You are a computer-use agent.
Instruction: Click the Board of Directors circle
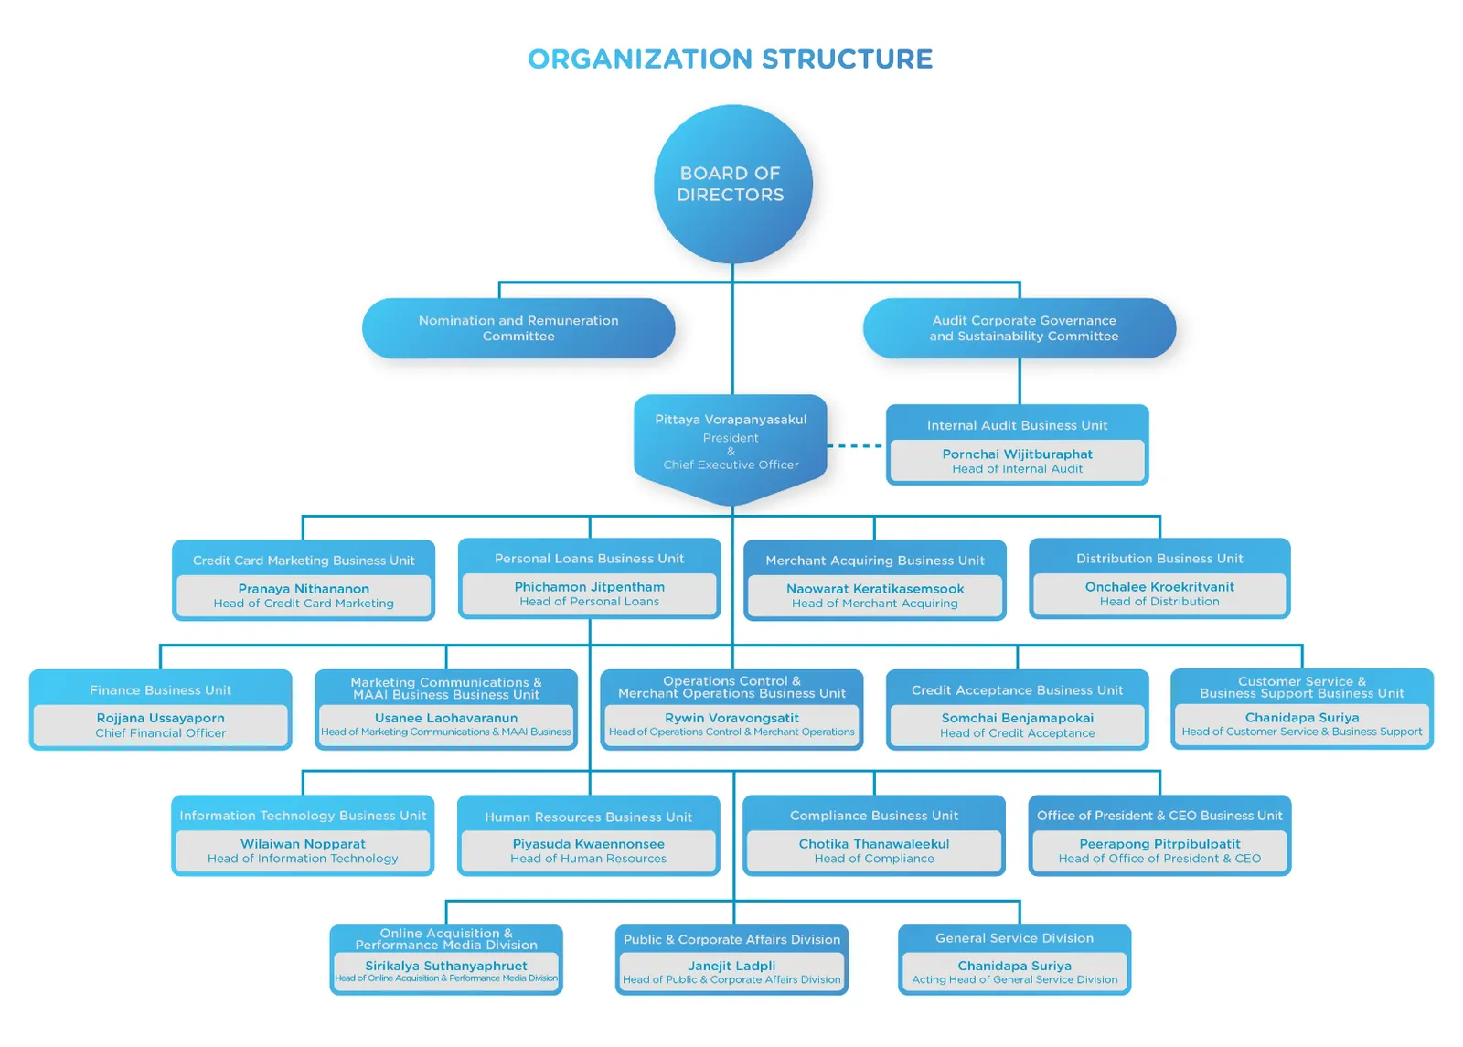(x=731, y=184)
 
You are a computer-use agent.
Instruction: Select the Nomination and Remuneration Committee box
(x=518, y=328)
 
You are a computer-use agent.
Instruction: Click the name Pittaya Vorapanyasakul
(x=731, y=420)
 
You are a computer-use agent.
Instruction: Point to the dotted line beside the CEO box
(x=855, y=446)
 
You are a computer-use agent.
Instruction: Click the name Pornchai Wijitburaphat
(x=1017, y=454)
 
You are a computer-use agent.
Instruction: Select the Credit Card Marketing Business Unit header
(x=304, y=561)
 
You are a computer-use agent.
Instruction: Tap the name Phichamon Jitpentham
(x=589, y=587)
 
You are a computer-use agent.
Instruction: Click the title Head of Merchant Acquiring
(x=874, y=604)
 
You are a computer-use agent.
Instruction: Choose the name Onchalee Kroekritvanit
(x=1159, y=587)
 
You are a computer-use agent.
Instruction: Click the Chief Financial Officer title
(x=161, y=733)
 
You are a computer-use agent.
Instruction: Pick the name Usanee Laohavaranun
(x=446, y=719)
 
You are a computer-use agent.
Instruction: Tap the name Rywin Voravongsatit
(x=731, y=719)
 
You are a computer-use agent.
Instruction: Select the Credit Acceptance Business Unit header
(x=1017, y=690)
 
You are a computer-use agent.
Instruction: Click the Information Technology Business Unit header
(x=303, y=816)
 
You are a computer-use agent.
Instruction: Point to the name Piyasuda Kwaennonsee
(x=588, y=844)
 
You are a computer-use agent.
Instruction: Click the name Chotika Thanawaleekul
(x=874, y=844)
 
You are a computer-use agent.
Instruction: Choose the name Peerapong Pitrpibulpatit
(x=1159, y=844)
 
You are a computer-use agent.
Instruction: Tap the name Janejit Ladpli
(x=731, y=966)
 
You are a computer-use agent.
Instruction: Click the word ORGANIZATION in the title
(x=640, y=59)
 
